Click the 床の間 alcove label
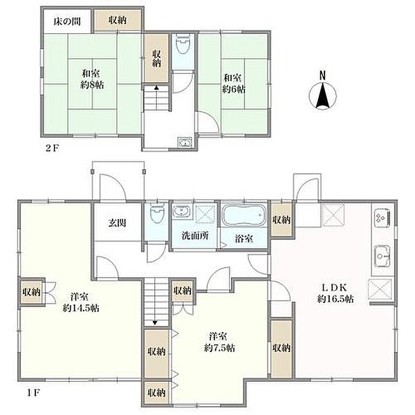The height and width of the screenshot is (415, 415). pos(67,21)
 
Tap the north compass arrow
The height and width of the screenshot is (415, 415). pos(322,95)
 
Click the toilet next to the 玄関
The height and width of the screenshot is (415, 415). pos(157,212)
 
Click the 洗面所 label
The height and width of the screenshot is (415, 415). pos(195,236)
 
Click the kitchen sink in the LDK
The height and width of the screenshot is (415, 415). pos(382,256)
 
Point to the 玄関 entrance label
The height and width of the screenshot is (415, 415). pos(117,223)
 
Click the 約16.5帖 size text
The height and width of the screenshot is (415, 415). pos(335,299)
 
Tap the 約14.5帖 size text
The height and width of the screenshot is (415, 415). pos(81,308)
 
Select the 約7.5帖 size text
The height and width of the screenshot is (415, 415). pos(219,348)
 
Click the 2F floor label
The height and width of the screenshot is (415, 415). pos(52,148)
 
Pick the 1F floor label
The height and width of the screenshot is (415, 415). pos(33,393)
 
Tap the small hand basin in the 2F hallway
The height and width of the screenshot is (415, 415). pos(185,142)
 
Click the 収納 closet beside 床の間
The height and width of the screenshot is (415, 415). pos(118,20)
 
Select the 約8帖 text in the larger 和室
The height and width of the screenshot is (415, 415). pos(92,85)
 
